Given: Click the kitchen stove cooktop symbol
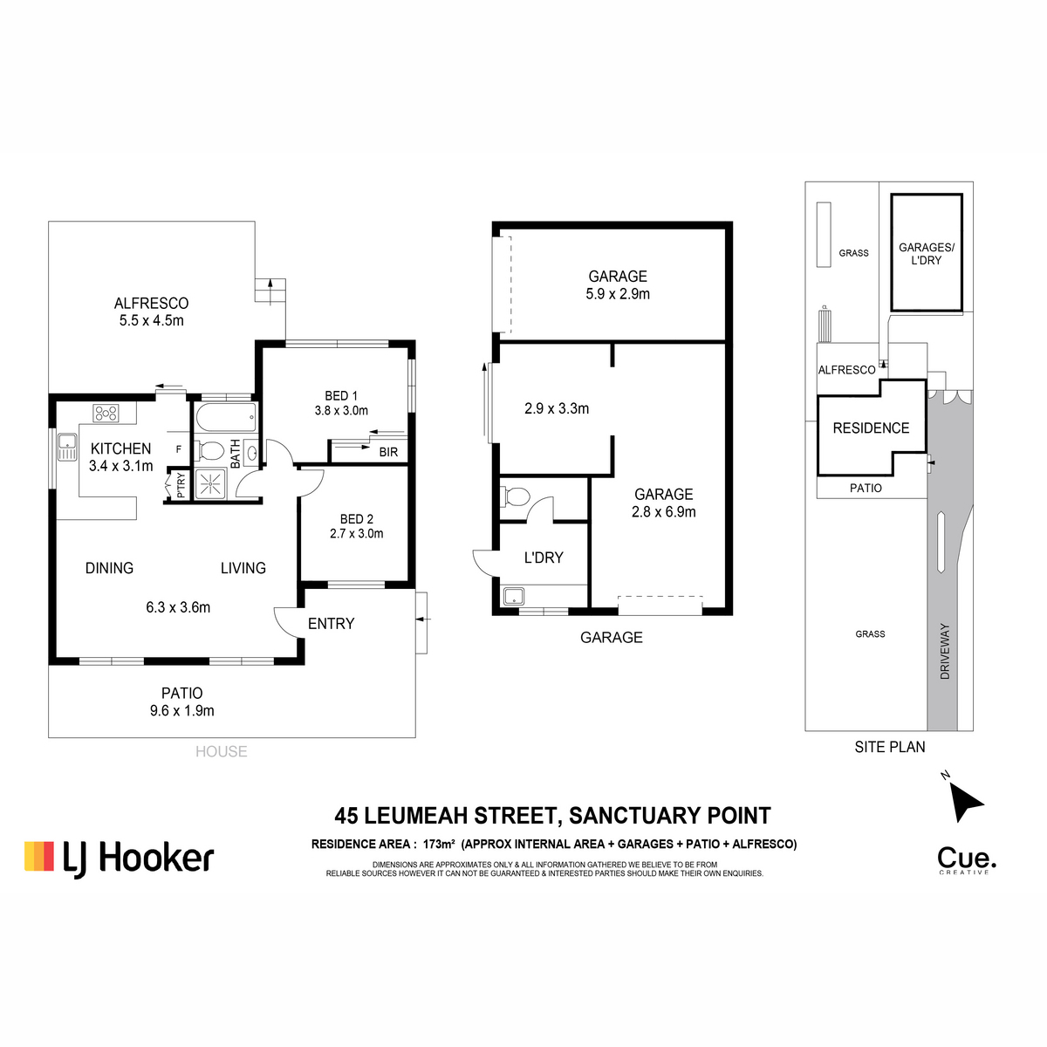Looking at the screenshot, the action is (106, 413).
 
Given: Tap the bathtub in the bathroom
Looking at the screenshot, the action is (226, 417).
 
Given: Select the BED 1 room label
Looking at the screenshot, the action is (340, 396).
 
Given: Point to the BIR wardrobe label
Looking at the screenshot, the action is (388, 452).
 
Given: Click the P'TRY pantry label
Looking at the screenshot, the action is (181, 485).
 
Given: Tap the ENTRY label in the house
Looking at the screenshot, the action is (331, 624).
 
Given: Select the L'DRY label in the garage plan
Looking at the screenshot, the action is (544, 558).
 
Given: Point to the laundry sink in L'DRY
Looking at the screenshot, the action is (513, 597).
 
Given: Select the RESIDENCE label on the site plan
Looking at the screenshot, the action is (871, 428).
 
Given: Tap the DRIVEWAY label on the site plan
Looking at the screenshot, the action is (945, 652).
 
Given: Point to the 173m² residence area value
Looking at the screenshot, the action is (439, 844).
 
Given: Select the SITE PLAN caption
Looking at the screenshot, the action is (889, 747).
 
